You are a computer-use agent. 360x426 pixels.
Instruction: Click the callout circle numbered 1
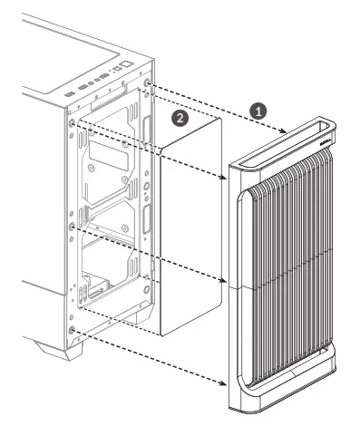click(258, 109)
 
